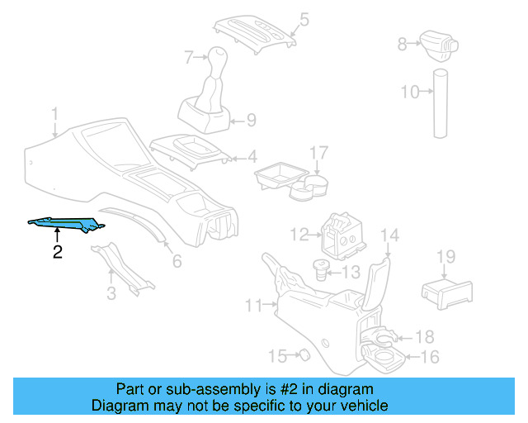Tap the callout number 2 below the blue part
point(57,253)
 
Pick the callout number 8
point(402,45)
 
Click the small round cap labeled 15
point(303,355)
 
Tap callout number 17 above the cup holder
point(318,153)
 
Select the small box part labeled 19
point(446,292)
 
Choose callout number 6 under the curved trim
point(177,262)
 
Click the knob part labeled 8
point(435,40)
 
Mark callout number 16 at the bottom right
point(430,357)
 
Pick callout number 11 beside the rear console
point(253,306)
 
